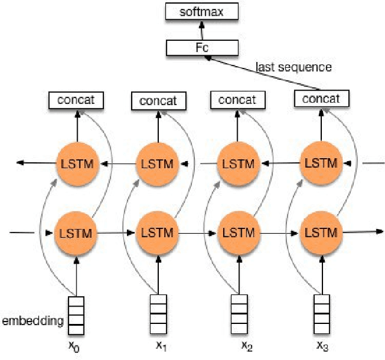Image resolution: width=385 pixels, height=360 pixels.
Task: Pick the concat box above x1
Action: pos(158,100)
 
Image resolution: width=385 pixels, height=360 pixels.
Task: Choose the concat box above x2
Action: pos(238,100)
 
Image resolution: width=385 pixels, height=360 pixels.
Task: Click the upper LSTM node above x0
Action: pos(76,163)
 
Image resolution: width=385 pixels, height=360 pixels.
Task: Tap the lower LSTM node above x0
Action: pos(76,233)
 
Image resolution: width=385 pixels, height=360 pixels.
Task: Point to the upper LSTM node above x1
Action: pos(158,163)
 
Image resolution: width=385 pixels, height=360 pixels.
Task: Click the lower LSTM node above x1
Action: pos(158,233)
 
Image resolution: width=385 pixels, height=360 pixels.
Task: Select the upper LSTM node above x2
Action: pos(238,163)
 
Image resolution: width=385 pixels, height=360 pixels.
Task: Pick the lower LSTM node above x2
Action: pos(238,233)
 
